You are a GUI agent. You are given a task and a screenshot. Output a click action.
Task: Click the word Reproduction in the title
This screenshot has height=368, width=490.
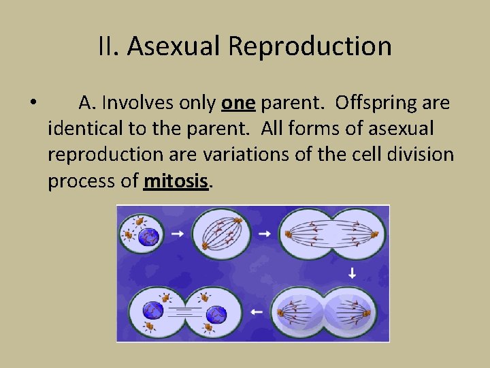pyautogui.click(x=310, y=47)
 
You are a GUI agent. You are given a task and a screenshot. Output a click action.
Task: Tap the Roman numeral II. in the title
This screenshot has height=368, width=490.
pyautogui.click(x=109, y=47)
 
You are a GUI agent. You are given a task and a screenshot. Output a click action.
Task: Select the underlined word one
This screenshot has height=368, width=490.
pyautogui.click(x=238, y=103)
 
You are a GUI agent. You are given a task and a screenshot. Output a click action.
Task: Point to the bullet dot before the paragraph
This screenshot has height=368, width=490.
pyautogui.click(x=33, y=104)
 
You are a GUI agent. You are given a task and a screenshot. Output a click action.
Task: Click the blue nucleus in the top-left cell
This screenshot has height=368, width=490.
pyautogui.click(x=148, y=236)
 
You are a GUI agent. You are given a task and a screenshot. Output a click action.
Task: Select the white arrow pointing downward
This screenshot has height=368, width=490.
pyautogui.click(x=352, y=273)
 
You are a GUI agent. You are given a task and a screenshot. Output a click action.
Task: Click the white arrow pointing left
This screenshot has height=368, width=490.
pyautogui.click(x=256, y=311)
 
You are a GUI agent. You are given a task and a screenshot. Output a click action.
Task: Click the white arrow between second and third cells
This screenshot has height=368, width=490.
pyautogui.click(x=264, y=234)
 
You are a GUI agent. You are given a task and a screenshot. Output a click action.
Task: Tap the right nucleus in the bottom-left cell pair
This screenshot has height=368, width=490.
pyautogui.click(x=216, y=313)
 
